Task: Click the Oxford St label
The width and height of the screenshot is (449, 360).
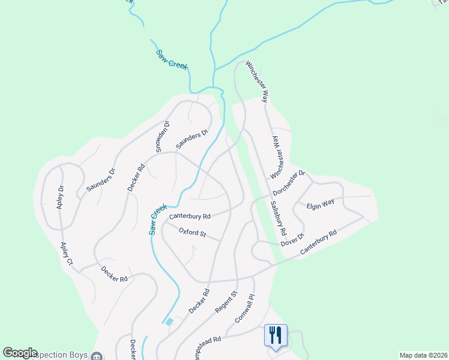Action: tap(192, 233)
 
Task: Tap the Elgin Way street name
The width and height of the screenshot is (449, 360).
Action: tap(320, 205)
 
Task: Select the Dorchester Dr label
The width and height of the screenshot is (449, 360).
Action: tap(289, 184)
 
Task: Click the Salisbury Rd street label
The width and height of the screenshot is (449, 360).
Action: tap(278, 218)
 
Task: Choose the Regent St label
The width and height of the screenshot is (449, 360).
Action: tap(226, 302)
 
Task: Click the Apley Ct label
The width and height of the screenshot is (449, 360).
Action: tap(65, 254)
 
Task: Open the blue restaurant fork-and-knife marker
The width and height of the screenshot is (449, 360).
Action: tap(276, 334)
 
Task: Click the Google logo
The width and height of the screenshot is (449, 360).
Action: tap(20, 353)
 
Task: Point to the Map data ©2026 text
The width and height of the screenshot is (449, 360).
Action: tap(423, 355)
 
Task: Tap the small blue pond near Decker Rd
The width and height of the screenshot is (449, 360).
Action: tap(169, 322)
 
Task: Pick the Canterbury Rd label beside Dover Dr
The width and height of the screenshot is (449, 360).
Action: tap(319, 241)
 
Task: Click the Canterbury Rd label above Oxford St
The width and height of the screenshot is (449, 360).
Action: tap(190, 216)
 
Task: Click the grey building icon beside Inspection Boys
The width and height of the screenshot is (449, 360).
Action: tap(97, 356)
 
